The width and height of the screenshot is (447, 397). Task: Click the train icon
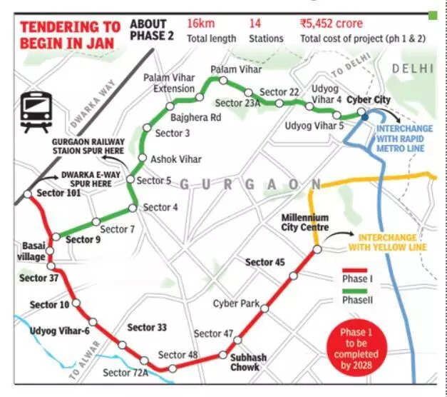[x=36, y=111]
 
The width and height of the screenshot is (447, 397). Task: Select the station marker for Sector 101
[x=26, y=194]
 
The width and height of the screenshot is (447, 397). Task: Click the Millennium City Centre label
[x=304, y=222]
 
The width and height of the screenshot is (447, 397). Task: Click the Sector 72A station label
[x=125, y=372]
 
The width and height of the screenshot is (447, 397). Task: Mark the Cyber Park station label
[x=236, y=303]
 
